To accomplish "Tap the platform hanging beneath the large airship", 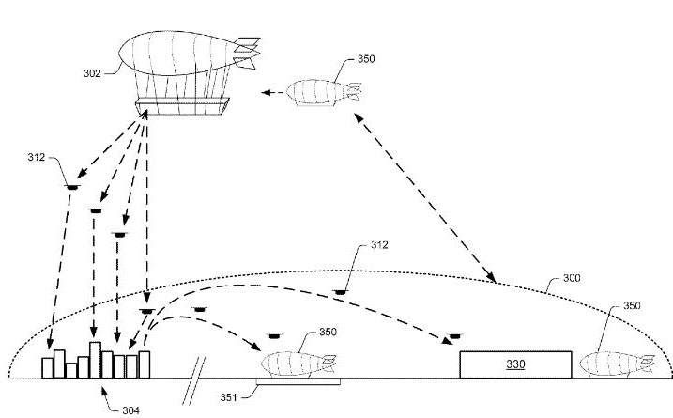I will point(182,106).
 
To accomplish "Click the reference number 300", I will point(572,278).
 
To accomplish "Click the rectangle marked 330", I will point(514,364).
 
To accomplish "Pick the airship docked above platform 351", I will point(298,363).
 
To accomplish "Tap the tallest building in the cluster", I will point(94,359).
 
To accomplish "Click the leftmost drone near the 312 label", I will point(71,186).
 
